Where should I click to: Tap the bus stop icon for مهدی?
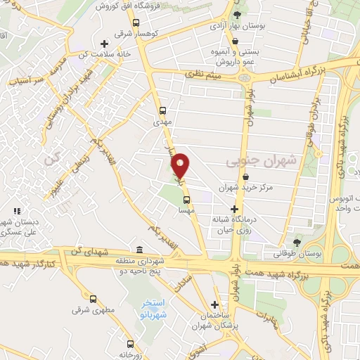click(162, 110)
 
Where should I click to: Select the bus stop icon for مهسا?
click(186, 199)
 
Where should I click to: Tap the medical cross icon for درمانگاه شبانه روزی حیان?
click(235, 209)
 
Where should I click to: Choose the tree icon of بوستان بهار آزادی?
click(237, 15)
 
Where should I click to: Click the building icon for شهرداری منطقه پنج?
click(140, 250)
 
